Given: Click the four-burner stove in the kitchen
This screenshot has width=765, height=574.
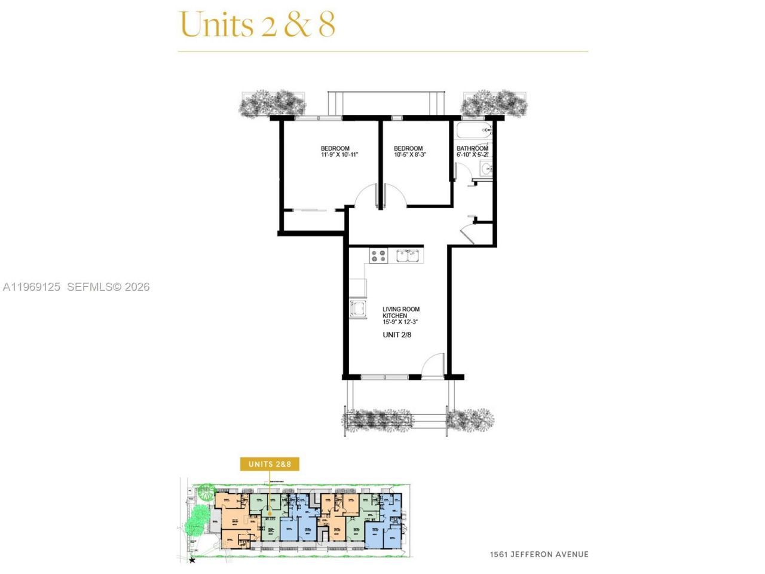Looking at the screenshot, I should point(378,256).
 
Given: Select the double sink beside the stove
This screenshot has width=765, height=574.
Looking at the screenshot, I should point(409,256).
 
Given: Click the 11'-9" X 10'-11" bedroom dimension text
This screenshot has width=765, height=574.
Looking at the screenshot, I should point(339,155).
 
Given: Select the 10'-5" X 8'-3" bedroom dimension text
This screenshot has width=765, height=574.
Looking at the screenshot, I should point(409,155).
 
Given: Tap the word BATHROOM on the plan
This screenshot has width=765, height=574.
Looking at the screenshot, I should point(472,148).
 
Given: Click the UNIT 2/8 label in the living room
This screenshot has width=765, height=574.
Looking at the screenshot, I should point(397,335).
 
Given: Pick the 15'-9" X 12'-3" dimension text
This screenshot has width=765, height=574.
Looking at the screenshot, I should point(400,322).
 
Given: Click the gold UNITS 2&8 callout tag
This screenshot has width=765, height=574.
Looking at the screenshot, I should point(270,464).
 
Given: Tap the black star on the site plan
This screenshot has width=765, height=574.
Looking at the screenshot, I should point(192,560).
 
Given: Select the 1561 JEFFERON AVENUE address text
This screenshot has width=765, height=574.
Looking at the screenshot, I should point(538,554).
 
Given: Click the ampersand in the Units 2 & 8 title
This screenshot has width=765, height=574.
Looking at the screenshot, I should point(296,25).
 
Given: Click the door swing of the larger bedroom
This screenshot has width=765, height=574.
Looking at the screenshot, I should point(364,195).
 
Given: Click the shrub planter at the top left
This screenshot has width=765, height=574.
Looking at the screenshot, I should point(268,103).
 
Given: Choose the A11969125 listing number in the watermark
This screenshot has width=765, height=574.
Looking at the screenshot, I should point(32,287).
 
